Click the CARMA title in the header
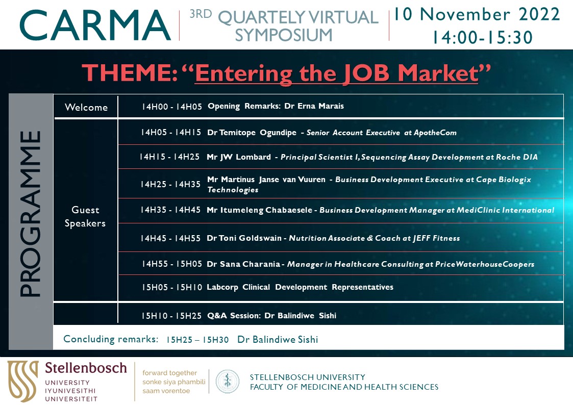click(x=95, y=25)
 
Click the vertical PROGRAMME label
click(x=30, y=214)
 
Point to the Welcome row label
click(x=86, y=107)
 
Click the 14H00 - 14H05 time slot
click(x=172, y=107)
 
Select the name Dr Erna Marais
click(x=314, y=106)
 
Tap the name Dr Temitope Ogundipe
click(x=252, y=133)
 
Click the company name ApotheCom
click(x=435, y=133)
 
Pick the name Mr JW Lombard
click(x=239, y=157)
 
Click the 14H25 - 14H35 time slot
click(x=170, y=184)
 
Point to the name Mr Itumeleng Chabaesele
click(x=260, y=210)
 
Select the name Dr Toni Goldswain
click(x=244, y=238)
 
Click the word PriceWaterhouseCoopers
click(x=485, y=264)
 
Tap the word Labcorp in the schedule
click(x=222, y=287)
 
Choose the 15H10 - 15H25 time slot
click(x=171, y=316)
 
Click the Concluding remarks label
click(x=111, y=339)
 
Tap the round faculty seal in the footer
click(x=227, y=382)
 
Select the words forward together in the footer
click(x=169, y=373)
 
